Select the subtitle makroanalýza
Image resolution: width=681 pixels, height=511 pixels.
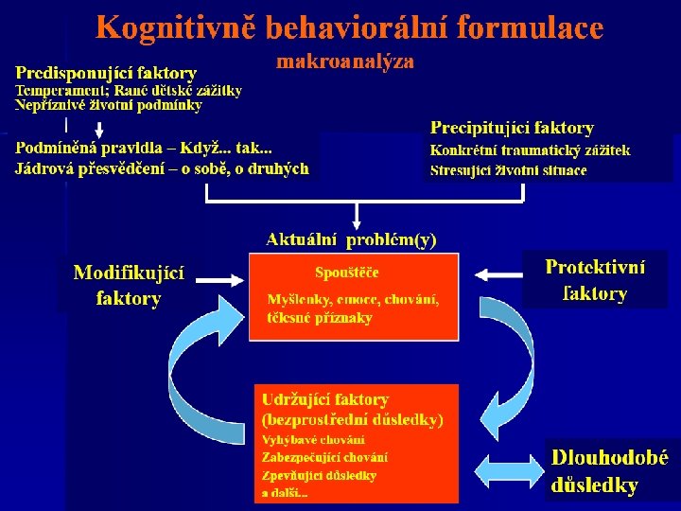coord(345,62)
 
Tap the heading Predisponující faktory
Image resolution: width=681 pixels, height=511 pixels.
coord(106,73)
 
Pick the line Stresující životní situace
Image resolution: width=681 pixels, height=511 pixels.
coord(508,171)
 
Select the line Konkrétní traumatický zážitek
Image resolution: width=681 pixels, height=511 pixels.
coord(530,150)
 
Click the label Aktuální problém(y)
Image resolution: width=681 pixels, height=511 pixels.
coord(352,239)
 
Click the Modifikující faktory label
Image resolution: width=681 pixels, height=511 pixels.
coord(129,285)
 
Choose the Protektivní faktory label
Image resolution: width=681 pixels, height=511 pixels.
coord(596,280)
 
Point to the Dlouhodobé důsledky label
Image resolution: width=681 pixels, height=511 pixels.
coord(609,471)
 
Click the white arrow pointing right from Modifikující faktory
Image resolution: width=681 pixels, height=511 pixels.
coord(217,279)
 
